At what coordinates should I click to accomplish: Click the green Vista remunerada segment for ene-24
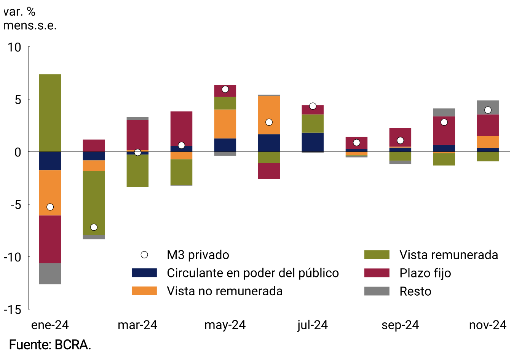[50, 113]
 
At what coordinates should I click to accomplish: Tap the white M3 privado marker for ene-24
[50, 207]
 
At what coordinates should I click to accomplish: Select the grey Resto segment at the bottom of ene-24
[50, 274]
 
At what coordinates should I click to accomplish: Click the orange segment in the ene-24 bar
[50, 193]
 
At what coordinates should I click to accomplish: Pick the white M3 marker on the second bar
[94, 227]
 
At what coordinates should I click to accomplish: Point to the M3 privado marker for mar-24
[137, 152]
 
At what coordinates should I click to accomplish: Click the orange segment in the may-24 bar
[225, 124]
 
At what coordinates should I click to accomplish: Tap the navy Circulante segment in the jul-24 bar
[313, 142]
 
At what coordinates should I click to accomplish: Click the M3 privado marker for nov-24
[488, 110]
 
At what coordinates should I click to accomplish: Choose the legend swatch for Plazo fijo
[377, 273]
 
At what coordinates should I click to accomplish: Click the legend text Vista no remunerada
[225, 291]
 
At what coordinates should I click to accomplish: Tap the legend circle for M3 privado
[144, 255]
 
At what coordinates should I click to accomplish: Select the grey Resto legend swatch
[377, 291]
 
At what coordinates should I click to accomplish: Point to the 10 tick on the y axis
[14, 47]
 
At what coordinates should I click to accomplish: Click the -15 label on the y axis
[12, 310]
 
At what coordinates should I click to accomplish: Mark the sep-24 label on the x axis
[400, 325]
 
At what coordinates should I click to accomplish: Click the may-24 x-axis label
[225, 325]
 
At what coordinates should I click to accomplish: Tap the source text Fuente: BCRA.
[50, 345]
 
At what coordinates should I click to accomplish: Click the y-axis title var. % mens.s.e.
[30, 19]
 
